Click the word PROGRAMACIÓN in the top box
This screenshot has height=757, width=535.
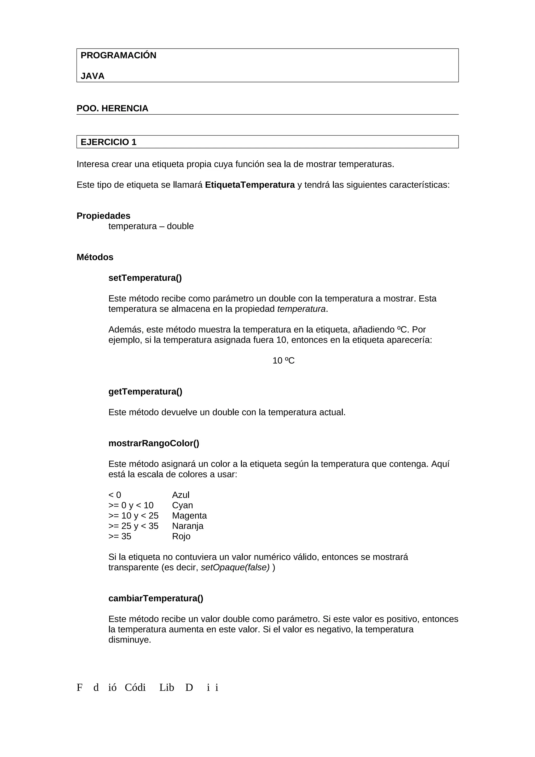118,55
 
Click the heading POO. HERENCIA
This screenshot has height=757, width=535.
112,108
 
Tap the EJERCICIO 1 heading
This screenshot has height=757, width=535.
108,142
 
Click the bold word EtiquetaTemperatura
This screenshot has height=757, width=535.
249,185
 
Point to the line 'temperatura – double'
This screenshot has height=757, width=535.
151,226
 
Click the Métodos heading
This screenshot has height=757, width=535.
95,257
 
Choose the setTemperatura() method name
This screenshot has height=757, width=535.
145,278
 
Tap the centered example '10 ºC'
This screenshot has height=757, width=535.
283,361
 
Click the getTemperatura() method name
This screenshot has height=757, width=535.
145,392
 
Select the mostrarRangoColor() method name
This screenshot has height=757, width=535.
154,444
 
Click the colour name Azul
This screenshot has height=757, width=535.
181,495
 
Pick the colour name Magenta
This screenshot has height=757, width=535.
189,516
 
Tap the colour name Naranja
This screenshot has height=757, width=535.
188,526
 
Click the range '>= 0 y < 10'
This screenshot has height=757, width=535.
131,505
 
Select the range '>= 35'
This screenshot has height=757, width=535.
120,537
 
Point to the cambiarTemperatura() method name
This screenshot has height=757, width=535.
156,598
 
